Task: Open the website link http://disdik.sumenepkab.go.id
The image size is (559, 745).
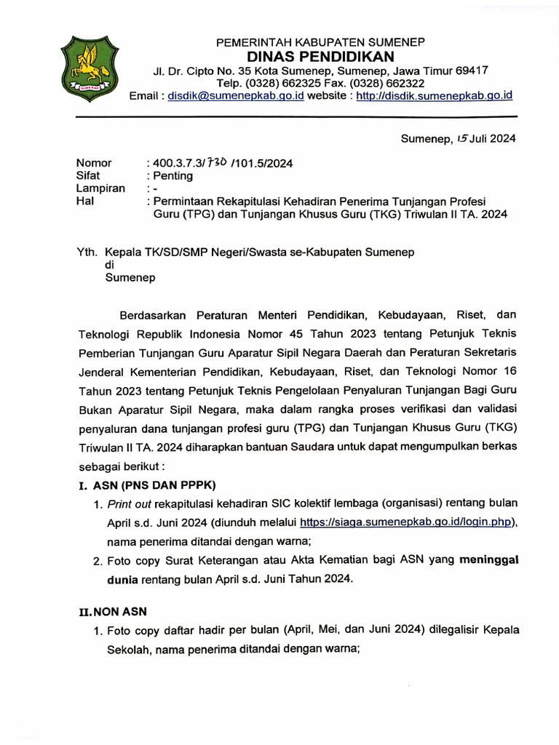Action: point(435,96)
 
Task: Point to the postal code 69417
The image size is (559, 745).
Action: point(472,71)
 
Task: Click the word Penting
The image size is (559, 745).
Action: point(173,175)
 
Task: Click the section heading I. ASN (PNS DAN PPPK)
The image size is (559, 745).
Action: point(146,485)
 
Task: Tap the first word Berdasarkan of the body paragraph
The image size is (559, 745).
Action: point(154,315)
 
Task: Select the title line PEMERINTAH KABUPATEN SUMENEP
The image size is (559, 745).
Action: point(320,42)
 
